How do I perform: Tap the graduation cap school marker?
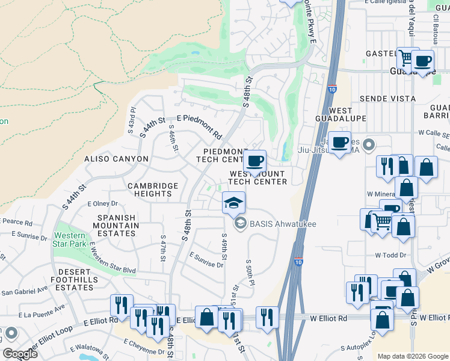coord(233,203)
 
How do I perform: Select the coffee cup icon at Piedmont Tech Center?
coord(255,161)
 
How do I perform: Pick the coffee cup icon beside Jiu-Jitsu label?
coord(339,143)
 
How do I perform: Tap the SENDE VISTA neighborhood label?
coord(387,99)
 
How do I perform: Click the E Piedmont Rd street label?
coord(199,126)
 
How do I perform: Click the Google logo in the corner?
coord(20,354)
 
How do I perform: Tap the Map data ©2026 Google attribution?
coord(412,356)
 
